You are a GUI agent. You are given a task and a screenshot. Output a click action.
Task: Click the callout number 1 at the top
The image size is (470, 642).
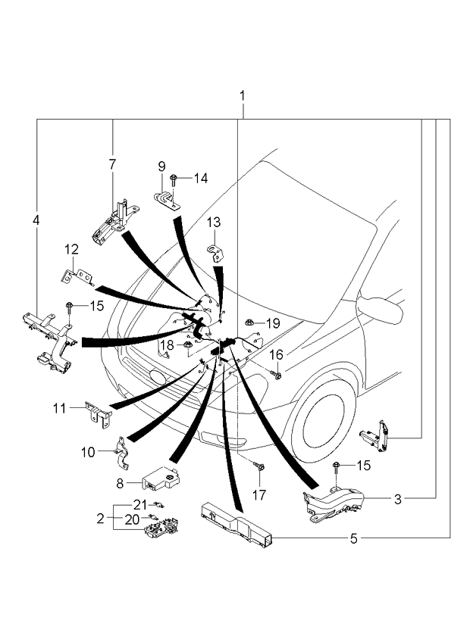[243, 96]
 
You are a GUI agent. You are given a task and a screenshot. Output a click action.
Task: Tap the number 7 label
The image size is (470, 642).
[112, 164]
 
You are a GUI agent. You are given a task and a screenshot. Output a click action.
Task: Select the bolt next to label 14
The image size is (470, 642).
[174, 179]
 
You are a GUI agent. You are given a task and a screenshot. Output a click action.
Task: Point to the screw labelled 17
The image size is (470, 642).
[261, 469]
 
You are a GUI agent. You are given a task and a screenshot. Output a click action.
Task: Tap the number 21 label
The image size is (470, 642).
[139, 504]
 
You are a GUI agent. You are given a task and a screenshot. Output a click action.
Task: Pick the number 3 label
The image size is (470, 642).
[396, 499]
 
